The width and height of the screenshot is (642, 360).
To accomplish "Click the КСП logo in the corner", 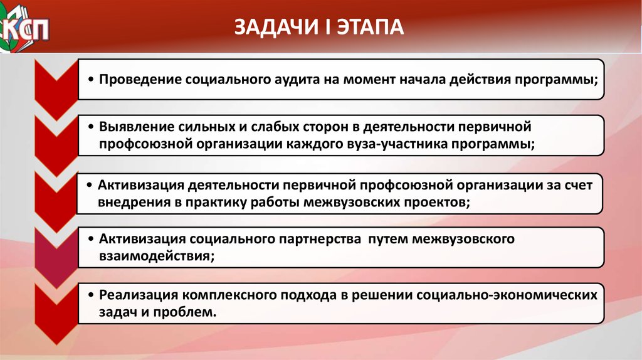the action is click(24, 28).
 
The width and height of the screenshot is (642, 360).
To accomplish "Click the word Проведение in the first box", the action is click(140, 79).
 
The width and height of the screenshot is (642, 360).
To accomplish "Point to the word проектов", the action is click(438, 203).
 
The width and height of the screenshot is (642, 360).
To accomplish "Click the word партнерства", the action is click(320, 239).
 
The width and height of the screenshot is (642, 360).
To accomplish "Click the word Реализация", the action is click(139, 295).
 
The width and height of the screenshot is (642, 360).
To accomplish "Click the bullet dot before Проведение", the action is click(91, 80).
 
